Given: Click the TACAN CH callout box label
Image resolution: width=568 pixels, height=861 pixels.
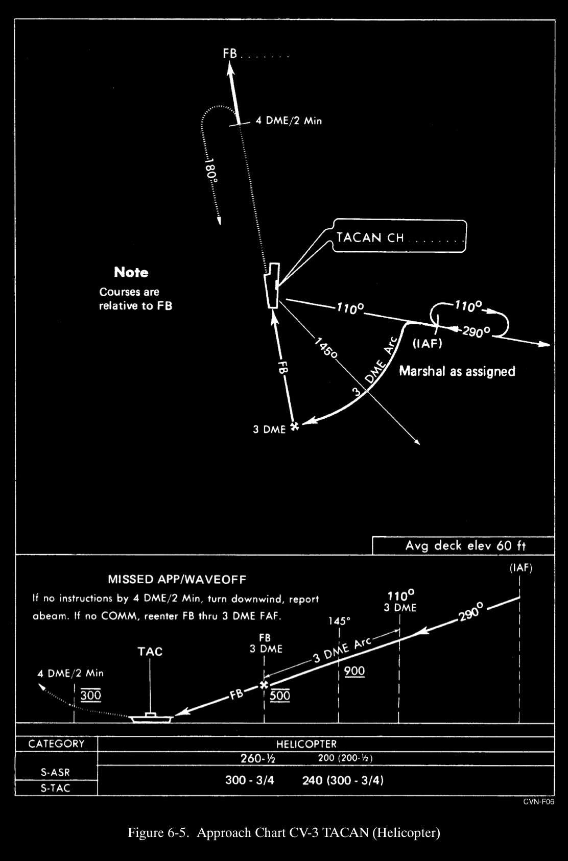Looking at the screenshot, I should pos(370,237).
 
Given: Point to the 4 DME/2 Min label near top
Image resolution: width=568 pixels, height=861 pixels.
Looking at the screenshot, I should pos(289,121).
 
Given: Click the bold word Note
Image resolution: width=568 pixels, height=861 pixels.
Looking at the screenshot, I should pos(131,272).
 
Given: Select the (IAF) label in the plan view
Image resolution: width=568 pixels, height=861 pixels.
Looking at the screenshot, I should pos(427,344).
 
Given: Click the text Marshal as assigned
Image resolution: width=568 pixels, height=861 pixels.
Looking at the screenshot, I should pos(457,371).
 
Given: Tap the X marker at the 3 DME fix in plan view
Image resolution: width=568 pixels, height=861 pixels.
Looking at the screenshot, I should pos(294,426).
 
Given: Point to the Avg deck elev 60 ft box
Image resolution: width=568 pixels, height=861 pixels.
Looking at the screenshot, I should pos(465,545).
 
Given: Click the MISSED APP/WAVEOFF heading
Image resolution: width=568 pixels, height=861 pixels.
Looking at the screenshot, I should pos(177,580).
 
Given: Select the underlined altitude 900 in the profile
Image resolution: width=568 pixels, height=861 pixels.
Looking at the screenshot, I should pos(354,671).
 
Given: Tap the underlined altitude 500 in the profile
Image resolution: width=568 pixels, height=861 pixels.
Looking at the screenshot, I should pos(280,695).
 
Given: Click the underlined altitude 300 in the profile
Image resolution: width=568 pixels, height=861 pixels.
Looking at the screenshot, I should pos(91,695).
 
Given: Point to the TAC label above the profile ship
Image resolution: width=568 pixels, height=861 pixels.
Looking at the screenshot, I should pos(150,652).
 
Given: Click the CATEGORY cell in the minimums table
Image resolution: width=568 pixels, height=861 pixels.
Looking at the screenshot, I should pos(56,744).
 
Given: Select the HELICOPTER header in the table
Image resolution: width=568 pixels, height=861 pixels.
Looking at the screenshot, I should pos(306,744).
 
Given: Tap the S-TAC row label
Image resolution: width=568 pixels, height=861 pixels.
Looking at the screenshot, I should pos(55,788).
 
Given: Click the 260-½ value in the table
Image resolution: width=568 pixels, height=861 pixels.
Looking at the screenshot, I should pos(258,758).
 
